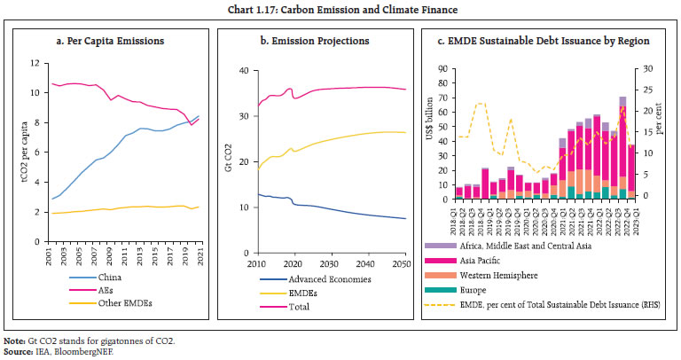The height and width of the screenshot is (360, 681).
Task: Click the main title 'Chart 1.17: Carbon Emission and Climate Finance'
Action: [340, 11]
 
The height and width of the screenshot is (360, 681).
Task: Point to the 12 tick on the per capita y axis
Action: [31, 63]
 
